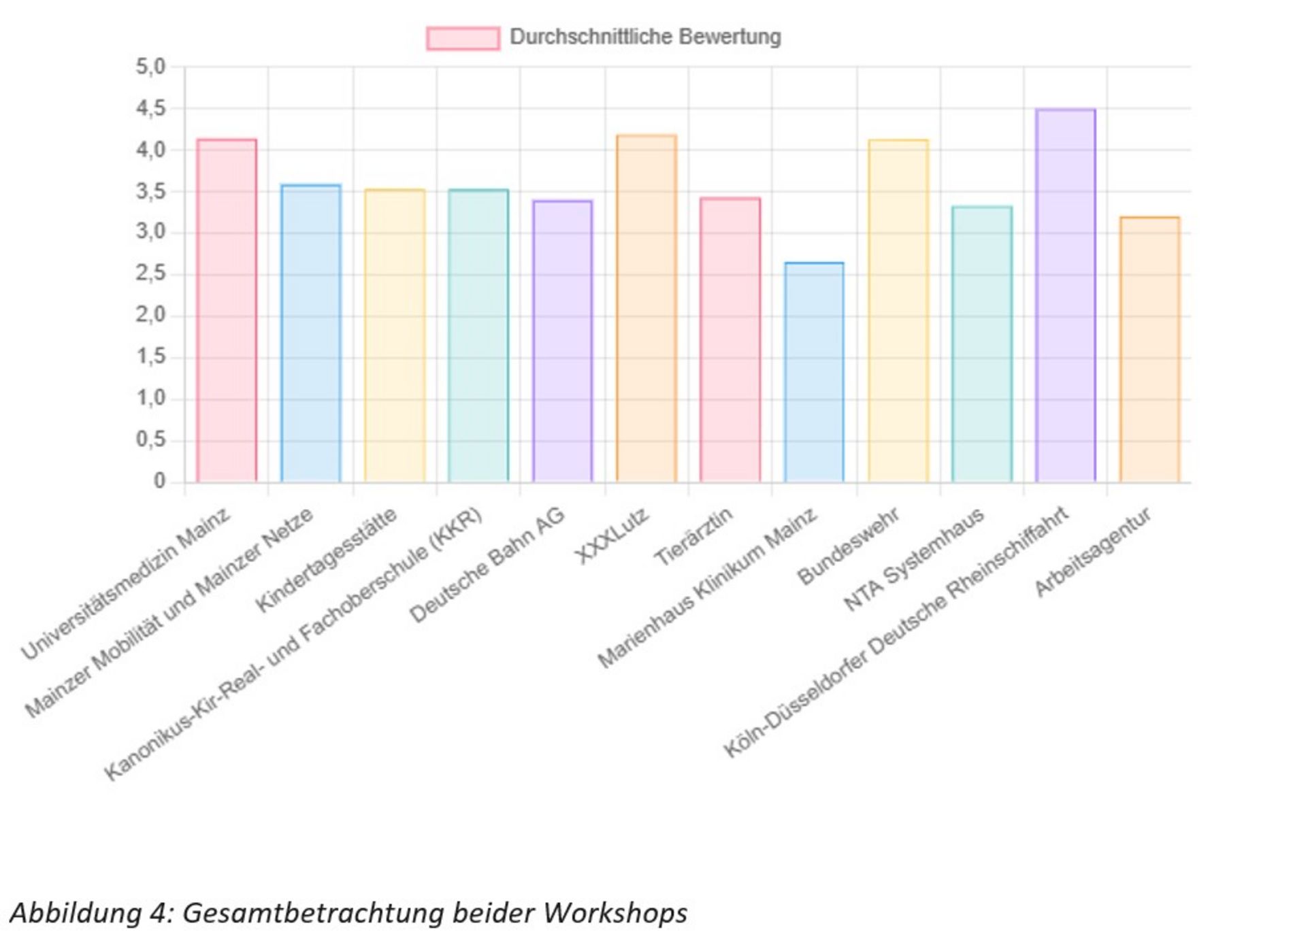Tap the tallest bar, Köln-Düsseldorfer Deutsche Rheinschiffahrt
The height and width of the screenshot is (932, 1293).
point(1066,296)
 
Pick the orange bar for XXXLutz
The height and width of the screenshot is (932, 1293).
point(646,309)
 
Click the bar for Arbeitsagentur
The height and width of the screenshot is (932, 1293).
point(1150,350)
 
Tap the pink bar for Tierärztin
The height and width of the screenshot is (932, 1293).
point(730,340)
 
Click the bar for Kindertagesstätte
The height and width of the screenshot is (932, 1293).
point(395,336)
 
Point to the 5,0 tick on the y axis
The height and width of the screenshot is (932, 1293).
point(150,67)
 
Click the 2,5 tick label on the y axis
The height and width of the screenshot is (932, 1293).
point(150,274)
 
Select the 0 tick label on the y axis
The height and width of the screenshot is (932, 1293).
point(159,482)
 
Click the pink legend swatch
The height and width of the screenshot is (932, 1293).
point(463,38)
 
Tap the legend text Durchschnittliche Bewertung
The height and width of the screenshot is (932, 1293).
point(645,37)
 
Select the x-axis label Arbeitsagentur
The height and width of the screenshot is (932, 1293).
point(1092,552)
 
